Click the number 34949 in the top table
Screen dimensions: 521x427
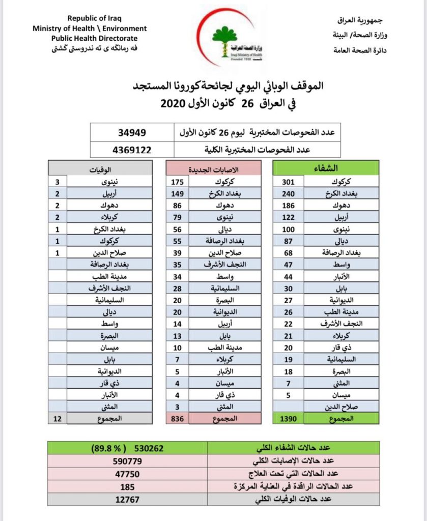pyautogui.click(x=132, y=133)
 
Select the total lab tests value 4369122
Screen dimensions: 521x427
pyautogui.click(x=132, y=150)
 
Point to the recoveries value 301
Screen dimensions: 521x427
pyautogui.click(x=288, y=182)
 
